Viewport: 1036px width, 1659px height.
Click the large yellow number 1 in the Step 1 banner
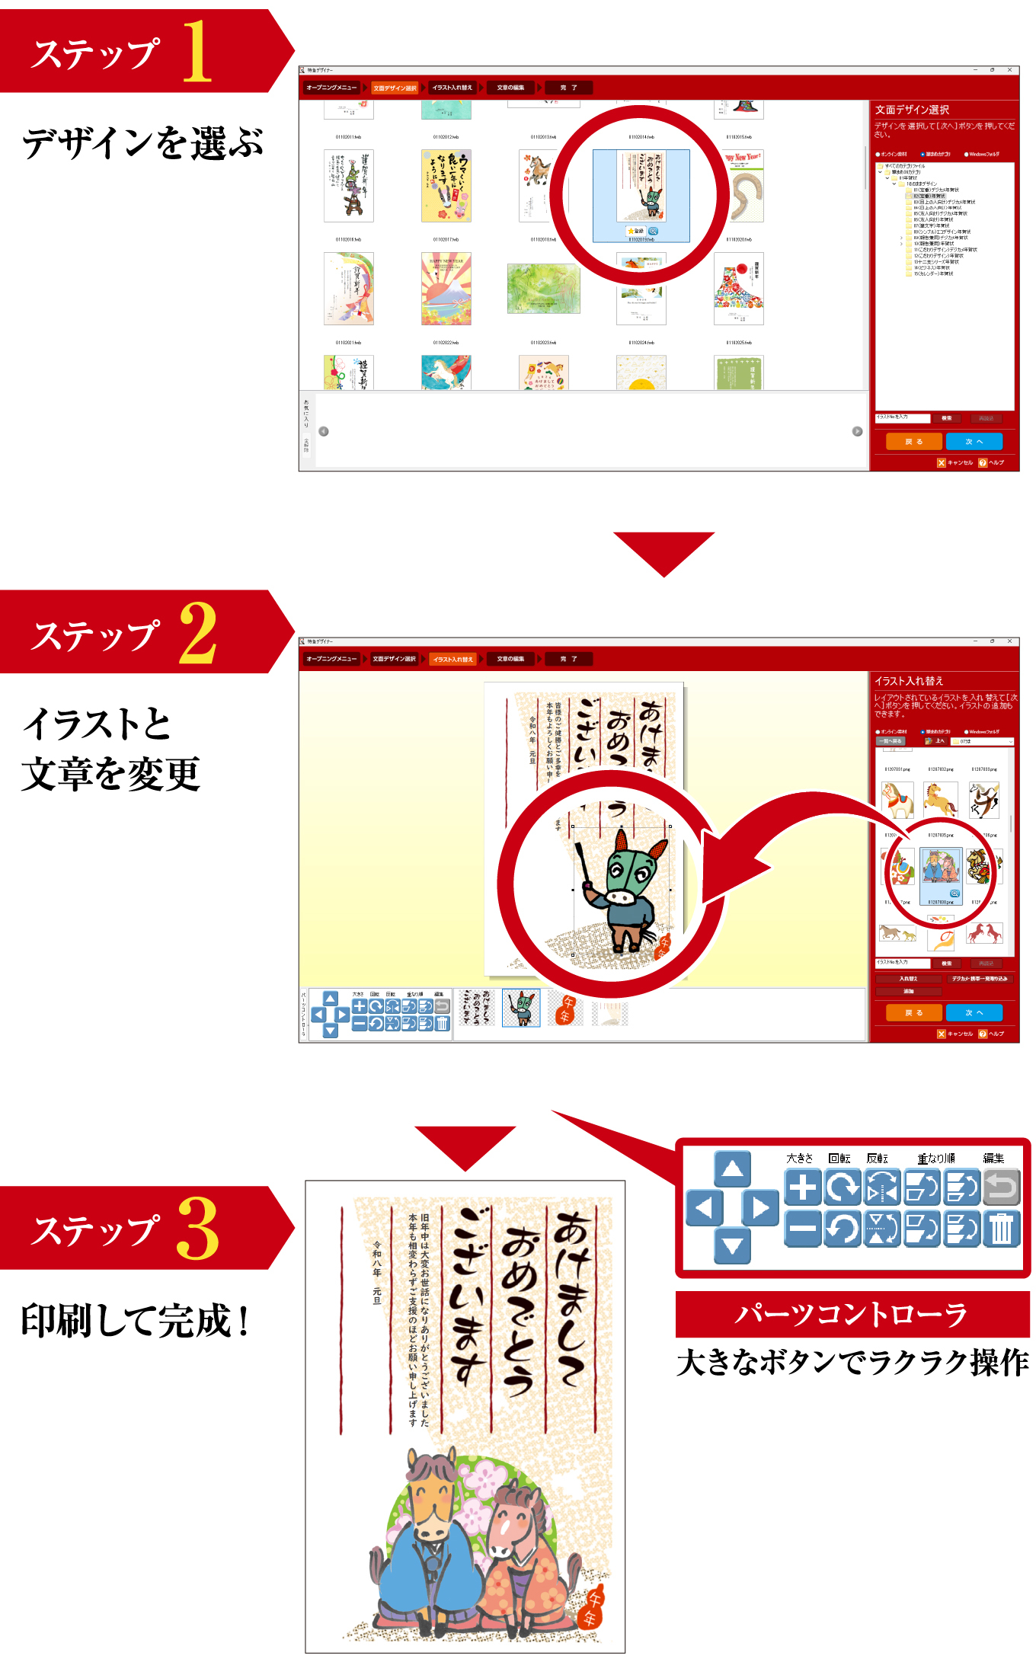(197, 51)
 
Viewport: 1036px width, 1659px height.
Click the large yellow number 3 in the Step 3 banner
(197, 1228)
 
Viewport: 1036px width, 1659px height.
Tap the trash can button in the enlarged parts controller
(1001, 1229)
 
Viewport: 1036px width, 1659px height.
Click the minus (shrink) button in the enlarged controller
(803, 1229)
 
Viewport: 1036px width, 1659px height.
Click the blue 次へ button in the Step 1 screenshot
(974, 442)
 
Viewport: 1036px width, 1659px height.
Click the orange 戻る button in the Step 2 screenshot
(913, 1013)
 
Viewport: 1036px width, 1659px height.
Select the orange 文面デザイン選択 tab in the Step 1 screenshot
(395, 88)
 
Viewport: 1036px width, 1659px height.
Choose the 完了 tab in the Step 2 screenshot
(568, 659)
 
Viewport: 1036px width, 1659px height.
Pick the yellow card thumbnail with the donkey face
(446, 186)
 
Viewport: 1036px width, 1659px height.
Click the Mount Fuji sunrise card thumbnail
(446, 289)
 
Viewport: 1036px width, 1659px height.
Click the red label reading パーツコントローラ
(852, 1315)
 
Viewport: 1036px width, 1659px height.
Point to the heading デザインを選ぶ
(142, 142)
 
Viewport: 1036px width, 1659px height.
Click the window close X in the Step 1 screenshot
(1010, 70)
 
